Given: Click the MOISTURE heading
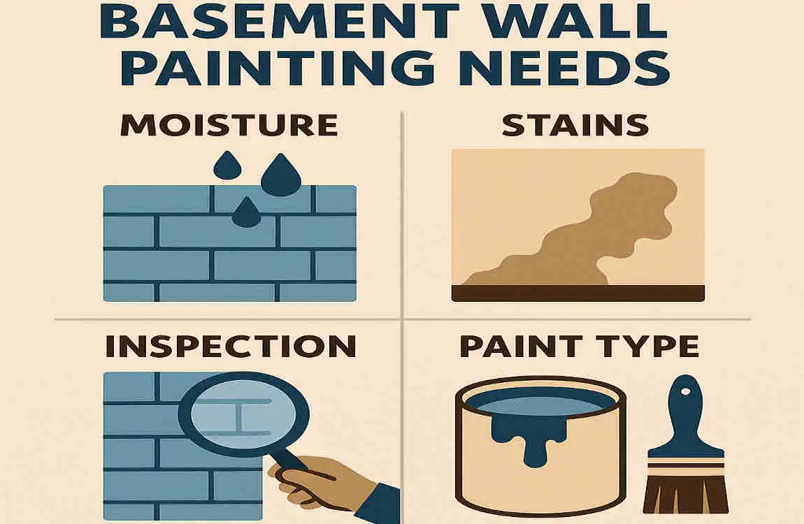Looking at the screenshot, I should [x=229, y=126].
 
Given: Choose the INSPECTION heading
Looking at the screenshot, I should [x=229, y=347].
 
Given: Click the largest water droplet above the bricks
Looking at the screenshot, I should [x=280, y=175].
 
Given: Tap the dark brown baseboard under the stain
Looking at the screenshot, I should [x=577, y=293].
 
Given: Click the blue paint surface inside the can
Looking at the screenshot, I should [x=538, y=403].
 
